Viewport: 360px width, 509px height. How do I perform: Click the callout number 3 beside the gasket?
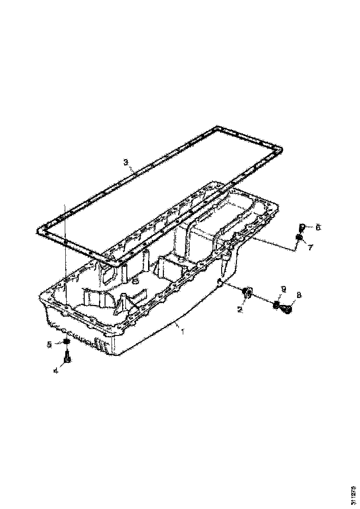pyautogui.click(x=125, y=162)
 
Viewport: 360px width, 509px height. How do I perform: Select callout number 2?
pyautogui.click(x=240, y=309)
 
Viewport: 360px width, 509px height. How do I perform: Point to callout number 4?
pyautogui.click(x=56, y=370)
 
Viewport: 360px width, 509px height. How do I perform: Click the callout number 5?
pyautogui.click(x=49, y=344)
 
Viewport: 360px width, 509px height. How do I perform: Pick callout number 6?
pyautogui.click(x=317, y=227)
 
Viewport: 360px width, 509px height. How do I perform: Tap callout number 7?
pyautogui.click(x=310, y=247)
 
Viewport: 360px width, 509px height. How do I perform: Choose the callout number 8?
pyautogui.click(x=298, y=294)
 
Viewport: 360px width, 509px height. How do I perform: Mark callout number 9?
pyautogui.click(x=284, y=289)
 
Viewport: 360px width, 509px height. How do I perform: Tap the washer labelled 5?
pyautogui.click(x=66, y=342)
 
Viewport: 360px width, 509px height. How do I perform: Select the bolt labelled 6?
pyautogui.click(x=301, y=227)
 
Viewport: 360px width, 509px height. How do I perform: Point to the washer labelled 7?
pyautogui.click(x=299, y=238)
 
